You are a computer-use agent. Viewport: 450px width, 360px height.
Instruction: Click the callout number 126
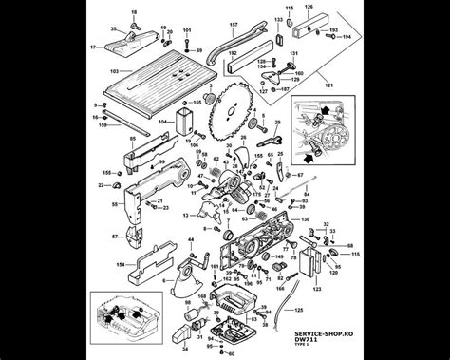(307, 5)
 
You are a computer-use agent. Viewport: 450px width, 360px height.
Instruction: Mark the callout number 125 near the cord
(300, 310)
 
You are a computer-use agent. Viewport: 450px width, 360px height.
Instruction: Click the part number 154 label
(121, 265)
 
